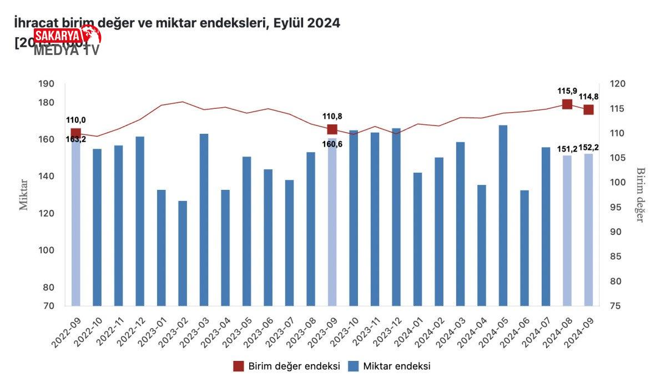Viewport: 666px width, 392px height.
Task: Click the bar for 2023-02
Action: click(183, 253)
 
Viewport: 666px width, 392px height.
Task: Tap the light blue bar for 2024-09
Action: click(588, 230)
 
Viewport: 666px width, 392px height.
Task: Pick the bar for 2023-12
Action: click(396, 217)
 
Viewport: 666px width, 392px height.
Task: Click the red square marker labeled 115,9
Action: click(567, 104)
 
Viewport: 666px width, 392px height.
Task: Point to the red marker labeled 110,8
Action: click(332, 129)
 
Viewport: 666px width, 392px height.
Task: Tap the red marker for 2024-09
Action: click(588, 109)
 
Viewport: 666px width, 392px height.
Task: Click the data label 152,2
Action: click(589, 148)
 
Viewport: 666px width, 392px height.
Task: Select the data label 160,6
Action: click(332, 144)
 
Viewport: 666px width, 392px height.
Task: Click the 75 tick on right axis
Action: click(616, 306)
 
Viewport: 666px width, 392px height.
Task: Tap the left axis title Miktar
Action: click(24, 194)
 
